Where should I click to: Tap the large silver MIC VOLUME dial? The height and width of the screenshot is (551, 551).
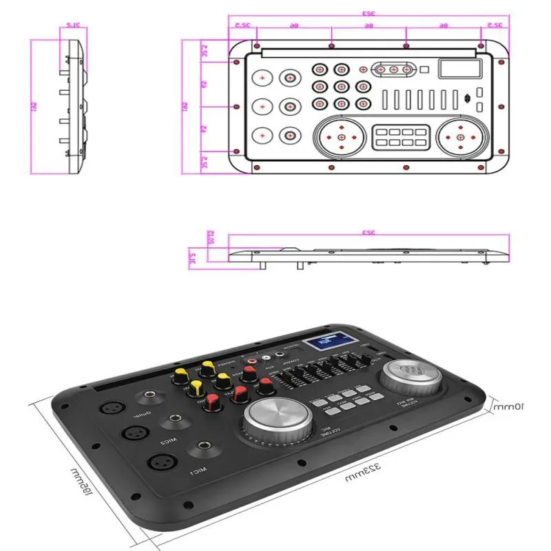[276, 419]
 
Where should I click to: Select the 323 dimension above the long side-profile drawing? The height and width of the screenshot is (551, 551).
[369, 234]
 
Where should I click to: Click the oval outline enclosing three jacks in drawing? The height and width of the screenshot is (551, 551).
[394, 69]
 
